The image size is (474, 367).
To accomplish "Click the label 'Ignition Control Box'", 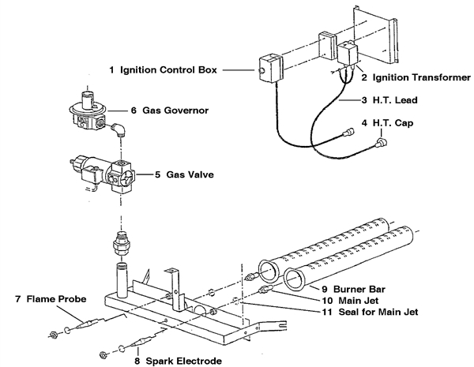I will (x=164, y=70).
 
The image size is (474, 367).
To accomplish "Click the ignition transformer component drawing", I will (x=348, y=57).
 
